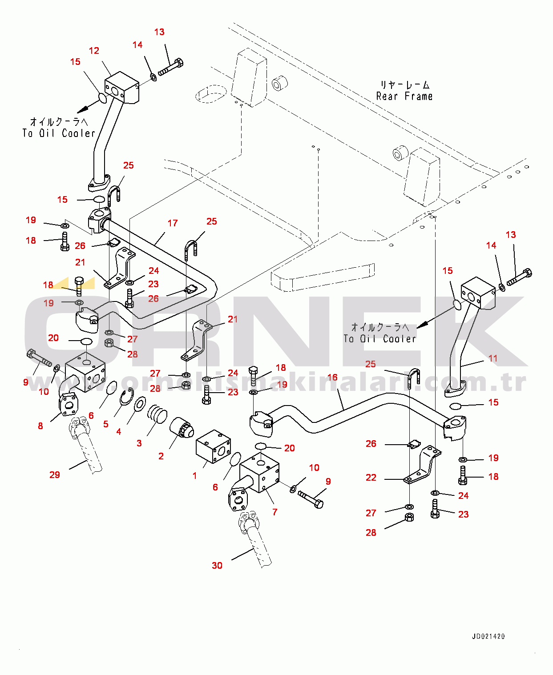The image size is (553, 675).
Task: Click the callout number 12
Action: point(94,51)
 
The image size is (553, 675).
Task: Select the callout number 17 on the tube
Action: point(173,223)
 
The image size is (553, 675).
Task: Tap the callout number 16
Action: point(332,378)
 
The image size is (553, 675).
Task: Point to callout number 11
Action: point(493,358)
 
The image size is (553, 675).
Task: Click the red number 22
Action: point(371,478)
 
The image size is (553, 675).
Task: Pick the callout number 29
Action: point(55,475)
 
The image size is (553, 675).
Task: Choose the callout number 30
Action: point(217,566)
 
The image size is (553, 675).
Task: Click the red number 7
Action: point(275,512)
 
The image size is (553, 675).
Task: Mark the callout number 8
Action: point(40,426)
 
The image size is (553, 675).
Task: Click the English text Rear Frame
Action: point(404,96)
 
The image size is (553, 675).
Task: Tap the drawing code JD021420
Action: point(488,636)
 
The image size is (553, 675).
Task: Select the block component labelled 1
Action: point(213,446)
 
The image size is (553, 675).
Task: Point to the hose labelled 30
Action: point(258,545)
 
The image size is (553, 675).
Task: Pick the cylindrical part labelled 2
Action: point(182,428)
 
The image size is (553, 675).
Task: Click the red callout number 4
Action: point(119,432)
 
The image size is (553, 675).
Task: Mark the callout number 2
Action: point(161,456)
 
